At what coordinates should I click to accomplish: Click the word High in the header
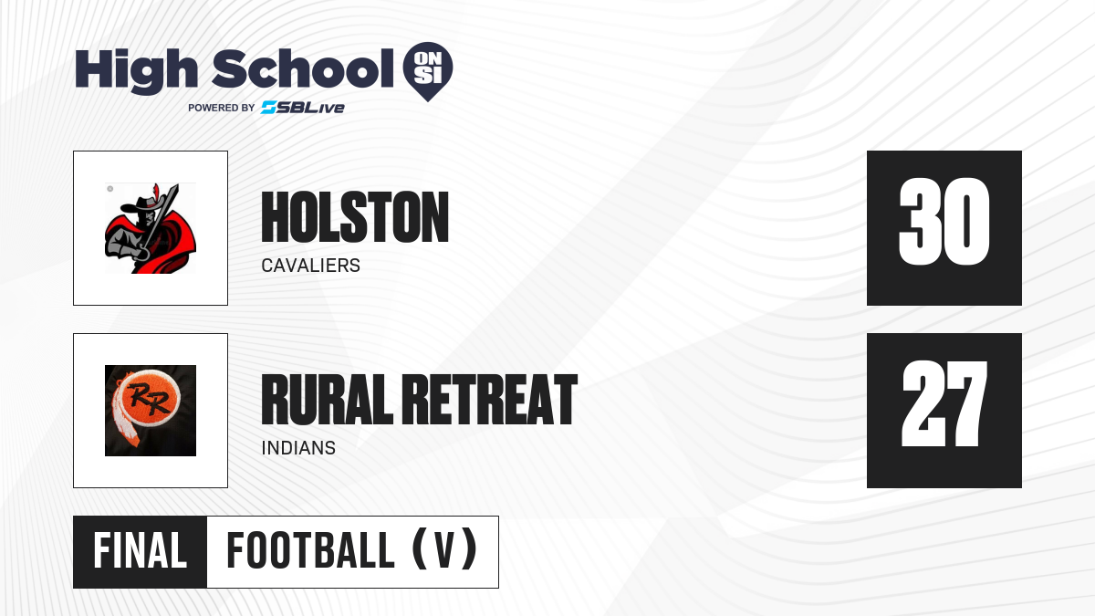(x=136, y=71)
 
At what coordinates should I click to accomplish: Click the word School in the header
(x=303, y=68)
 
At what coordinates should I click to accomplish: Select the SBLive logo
(x=302, y=108)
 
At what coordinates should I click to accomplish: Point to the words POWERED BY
(x=222, y=108)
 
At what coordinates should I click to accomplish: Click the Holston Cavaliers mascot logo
(x=151, y=228)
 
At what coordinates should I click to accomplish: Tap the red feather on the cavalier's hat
(x=156, y=192)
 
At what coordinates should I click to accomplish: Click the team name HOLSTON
(x=355, y=217)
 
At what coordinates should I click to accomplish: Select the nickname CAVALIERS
(x=311, y=266)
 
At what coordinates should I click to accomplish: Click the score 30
(x=944, y=222)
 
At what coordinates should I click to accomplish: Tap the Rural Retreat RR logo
(x=151, y=411)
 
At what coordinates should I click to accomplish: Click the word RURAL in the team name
(x=327, y=400)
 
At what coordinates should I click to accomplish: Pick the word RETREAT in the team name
(x=490, y=400)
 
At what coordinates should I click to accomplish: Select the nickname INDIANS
(x=298, y=448)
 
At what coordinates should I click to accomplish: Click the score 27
(x=944, y=403)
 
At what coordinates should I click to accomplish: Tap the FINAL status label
(x=141, y=551)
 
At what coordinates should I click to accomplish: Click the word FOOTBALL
(x=311, y=551)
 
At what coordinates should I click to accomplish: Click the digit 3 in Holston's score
(x=918, y=222)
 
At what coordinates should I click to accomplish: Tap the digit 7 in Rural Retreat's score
(x=966, y=403)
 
